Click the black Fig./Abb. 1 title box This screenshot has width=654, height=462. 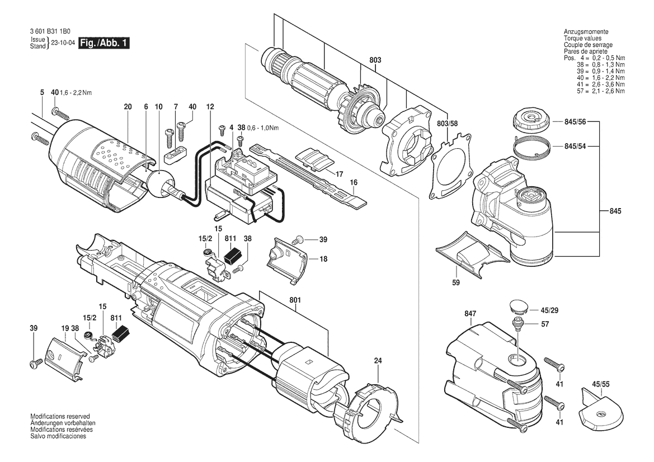tap(104, 43)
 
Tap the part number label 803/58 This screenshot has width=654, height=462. tap(447, 124)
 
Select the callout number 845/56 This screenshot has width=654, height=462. tap(575, 122)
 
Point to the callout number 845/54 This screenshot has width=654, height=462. tap(575, 147)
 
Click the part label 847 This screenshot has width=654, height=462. tap(470, 313)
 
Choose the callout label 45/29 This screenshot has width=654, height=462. tap(549, 310)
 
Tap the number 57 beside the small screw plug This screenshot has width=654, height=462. tap(545, 324)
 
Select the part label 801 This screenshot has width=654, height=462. tap(295, 300)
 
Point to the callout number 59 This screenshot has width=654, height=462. tap(456, 282)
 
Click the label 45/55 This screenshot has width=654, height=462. tap(601, 384)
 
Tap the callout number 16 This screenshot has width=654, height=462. tap(354, 182)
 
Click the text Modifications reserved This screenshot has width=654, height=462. tap(60, 416)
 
